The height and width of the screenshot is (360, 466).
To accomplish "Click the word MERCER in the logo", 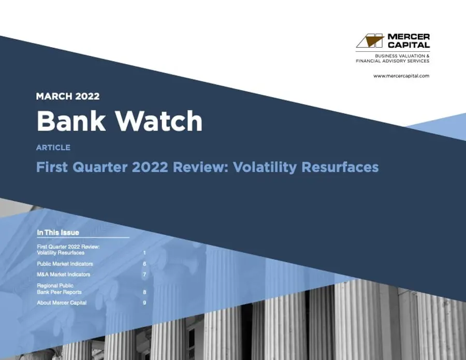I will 409,37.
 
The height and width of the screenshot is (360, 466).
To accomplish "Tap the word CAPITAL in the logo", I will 409,45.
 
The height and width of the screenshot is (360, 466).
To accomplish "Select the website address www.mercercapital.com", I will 401,76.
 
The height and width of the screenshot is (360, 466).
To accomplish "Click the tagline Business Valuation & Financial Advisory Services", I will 392,58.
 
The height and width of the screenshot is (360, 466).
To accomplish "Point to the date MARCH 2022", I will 68,96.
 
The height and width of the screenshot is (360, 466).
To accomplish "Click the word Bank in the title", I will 70,121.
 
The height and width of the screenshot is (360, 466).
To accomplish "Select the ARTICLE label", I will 53,148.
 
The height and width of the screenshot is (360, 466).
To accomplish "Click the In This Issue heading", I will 58,233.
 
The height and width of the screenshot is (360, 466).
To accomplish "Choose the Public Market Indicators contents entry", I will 65,264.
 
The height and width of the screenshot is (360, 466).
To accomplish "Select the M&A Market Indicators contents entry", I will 63,275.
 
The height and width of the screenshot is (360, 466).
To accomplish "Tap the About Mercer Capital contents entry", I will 62,303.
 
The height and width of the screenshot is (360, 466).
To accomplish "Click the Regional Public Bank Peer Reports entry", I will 59,289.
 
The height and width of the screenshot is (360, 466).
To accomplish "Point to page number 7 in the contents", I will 144,275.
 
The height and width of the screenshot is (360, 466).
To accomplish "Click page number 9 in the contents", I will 144,303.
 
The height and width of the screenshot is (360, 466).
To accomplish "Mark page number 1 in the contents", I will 144,253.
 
